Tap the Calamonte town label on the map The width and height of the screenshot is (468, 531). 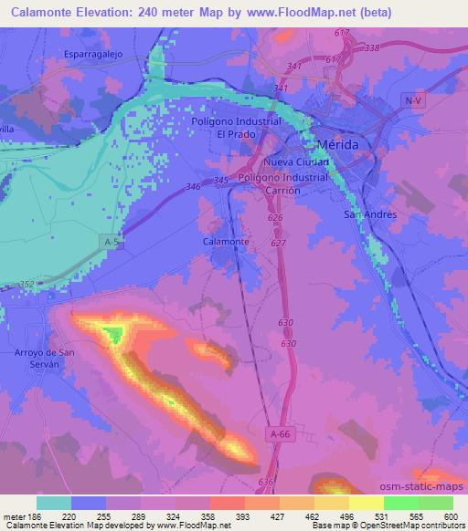[226, 242]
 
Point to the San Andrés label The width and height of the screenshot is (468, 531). [368, 214]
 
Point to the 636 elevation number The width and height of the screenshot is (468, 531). [266, 482]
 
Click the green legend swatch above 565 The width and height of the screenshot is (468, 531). [402, 502]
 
